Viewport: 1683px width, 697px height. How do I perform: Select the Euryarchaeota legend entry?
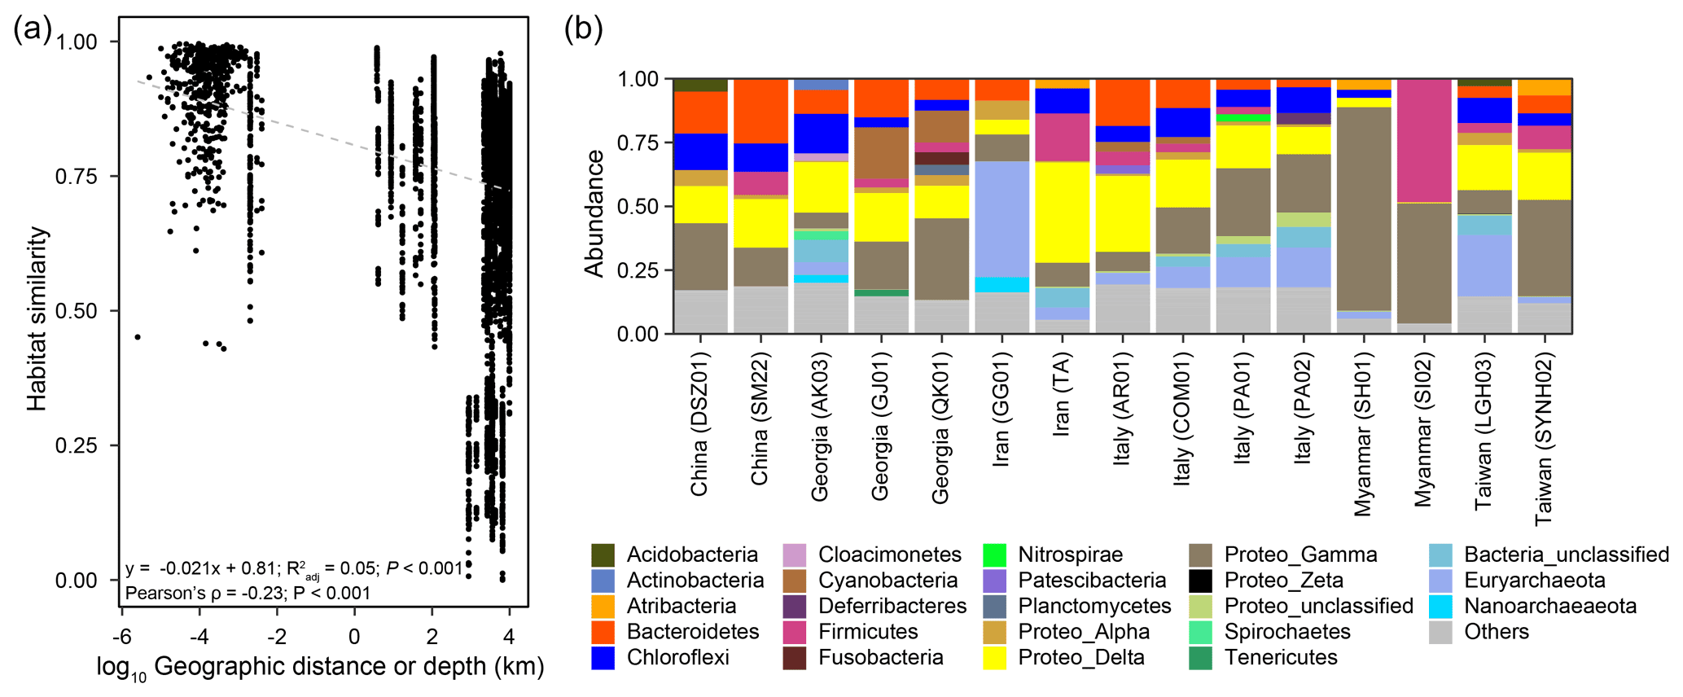click(1441, 581)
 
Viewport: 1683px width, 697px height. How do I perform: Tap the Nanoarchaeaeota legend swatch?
click(1441, 607)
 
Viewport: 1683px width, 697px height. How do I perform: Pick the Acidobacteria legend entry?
click(603, 555)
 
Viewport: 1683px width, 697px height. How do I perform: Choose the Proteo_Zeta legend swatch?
click(1200, 581)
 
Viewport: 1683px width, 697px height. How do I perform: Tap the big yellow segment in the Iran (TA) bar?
click(1063, 212)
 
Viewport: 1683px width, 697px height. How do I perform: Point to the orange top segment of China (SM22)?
click(761, 111)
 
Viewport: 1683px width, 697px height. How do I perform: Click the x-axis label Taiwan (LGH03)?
click(1484, 431)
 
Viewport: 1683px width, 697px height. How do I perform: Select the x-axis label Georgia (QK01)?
click(940, 427)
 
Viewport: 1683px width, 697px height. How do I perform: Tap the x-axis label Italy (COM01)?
click(1182, 419)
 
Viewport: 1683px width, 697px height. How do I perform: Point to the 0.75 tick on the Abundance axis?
click(638, 142)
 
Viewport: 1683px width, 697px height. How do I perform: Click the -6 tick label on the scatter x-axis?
click(121, 636)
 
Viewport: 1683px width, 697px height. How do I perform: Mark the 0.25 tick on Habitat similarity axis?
click(77, 445)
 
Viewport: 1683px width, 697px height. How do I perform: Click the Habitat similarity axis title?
click(37, 318)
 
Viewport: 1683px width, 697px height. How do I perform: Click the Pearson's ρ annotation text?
click(248, 593)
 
